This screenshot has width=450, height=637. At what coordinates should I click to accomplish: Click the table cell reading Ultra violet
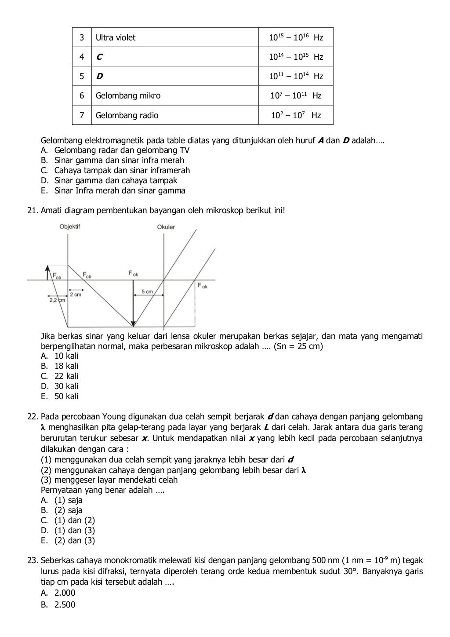[116, 38]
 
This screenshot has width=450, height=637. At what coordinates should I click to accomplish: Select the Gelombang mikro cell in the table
[128, 96]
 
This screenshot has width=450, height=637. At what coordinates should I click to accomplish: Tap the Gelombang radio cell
[127, 116]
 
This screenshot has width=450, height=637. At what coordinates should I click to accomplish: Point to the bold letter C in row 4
[99, 57]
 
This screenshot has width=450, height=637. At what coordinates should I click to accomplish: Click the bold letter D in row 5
[100, 76]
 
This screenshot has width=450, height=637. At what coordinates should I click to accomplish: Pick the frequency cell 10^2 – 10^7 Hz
[296, 116]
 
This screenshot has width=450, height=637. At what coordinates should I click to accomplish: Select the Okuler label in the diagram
[166, 227]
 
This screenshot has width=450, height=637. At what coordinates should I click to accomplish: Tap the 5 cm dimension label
[147, 291]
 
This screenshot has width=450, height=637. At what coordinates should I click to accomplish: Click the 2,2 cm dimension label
[57, 300]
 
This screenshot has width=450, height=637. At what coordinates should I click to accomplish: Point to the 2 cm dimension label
[76, 295]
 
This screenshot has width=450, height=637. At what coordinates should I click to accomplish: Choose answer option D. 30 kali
[60, 386]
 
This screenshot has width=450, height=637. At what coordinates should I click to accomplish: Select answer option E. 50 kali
[60, 396]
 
